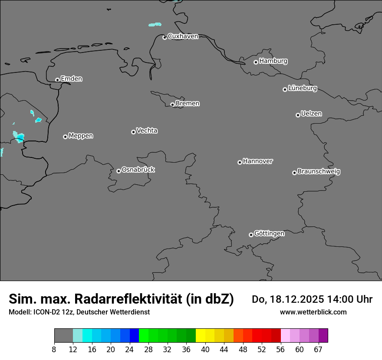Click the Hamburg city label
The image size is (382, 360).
[273, 61]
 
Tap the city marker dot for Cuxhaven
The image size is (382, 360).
[165, 37]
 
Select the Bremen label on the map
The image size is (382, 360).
[188, 104]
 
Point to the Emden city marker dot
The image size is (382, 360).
[57, 80]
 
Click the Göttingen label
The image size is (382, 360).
[269, 233]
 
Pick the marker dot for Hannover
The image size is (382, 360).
[240, 162]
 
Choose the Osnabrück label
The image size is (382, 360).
[138, 170]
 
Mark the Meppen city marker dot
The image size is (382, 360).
[65, 137]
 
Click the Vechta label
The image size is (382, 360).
[147, 131]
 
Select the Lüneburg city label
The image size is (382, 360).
[303, 88]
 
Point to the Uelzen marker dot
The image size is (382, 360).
[298, 115]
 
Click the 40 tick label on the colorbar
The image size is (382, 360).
[205, 350]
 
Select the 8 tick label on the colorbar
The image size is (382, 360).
[54, 350]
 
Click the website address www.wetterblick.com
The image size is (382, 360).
[313, 312]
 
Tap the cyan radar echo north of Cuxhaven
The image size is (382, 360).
[155, 24]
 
